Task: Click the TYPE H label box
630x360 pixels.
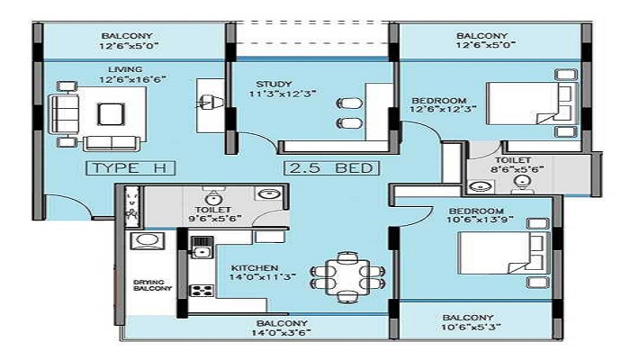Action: (131, 168)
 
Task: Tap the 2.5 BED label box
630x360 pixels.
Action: (331, 168)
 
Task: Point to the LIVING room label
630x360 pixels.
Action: (125, 69)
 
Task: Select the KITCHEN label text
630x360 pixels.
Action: (255, 268)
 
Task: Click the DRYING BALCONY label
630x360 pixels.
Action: (153, 285)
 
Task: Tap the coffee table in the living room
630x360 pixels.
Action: (111, 114)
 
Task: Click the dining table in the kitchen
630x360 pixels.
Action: (347, 277)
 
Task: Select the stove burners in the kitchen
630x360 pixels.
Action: (202, 290)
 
